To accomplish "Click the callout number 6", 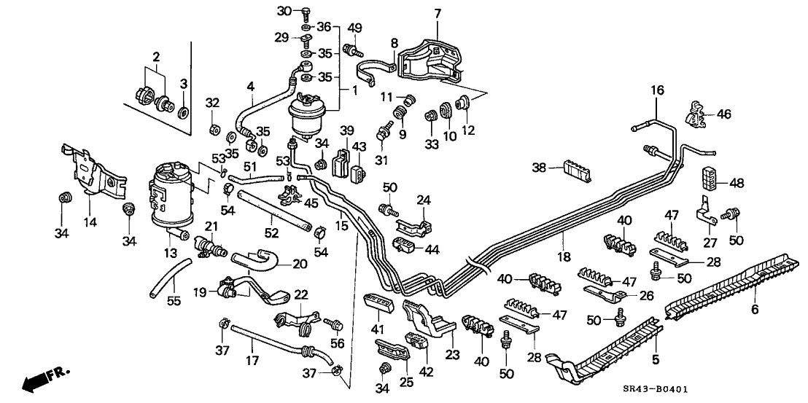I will click(x=755, y=309).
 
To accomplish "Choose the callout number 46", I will click(x=723, y=114).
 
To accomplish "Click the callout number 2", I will click(x=156, y=56).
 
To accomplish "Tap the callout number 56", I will click(x=338, y=343).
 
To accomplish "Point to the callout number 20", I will click(x=300, y=264).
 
